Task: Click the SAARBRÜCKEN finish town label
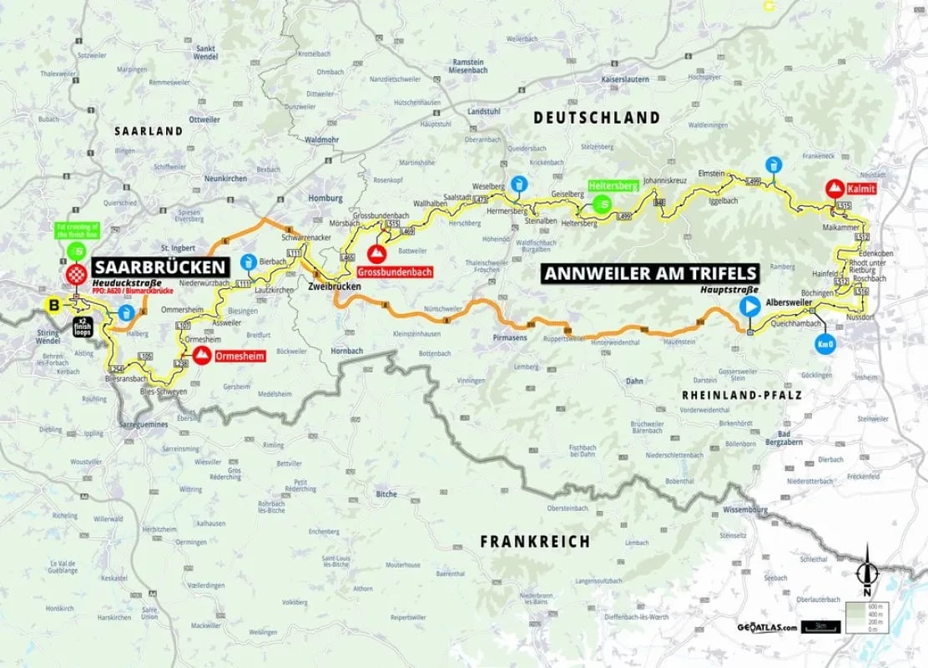[x=160, y=267]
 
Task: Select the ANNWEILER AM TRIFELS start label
[x=651, y=273]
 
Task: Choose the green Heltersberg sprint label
[x=612, y=187]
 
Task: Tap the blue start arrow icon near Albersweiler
[x=749, y=306]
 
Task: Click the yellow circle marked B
[x=55, y=305]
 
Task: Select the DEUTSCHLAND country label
[x=596, y=119]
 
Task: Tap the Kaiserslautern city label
[x=613, y=78]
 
